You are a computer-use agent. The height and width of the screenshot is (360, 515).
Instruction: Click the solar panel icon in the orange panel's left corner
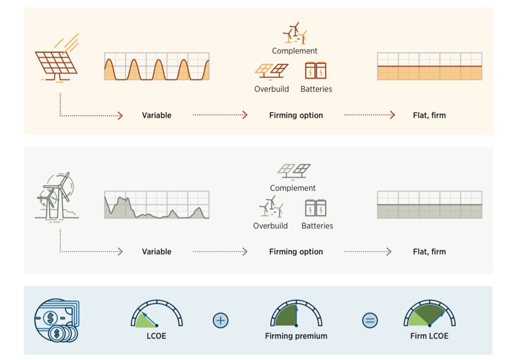[56, 58]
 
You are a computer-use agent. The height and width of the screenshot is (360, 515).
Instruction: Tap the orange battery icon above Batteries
[315, 70]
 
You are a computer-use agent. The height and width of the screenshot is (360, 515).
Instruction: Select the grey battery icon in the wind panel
[315, 208]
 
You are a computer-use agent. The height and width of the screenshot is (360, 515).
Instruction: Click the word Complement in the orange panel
[295, 51]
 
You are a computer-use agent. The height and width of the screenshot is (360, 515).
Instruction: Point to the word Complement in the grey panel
[293, 188]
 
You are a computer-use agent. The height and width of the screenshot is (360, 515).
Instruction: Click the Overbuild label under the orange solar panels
[271, 89]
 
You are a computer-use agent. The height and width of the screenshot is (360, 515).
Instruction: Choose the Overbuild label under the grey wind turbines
[270, 226]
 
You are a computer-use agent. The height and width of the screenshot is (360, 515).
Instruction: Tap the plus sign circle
[220, 320]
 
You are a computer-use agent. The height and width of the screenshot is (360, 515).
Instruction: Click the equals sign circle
[370, 320]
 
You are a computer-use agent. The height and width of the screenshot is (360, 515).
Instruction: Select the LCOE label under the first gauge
[156, 336]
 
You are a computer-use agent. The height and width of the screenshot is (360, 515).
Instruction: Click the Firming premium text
[296, 336]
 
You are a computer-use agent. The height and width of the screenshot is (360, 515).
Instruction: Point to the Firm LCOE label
[429, 336]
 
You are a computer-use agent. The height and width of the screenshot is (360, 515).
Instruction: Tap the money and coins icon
[56, 320]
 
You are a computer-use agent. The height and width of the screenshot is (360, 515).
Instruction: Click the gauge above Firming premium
[296, 313]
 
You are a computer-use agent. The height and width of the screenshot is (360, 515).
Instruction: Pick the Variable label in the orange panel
[157, 115]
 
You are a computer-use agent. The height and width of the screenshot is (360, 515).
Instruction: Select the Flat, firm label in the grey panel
[429, 252]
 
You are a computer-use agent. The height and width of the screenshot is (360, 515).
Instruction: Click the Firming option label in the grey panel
[296, 252]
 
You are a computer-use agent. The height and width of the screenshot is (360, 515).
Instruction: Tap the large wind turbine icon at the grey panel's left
[57, 196]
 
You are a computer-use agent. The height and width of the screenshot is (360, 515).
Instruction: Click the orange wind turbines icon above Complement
[295, 33]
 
